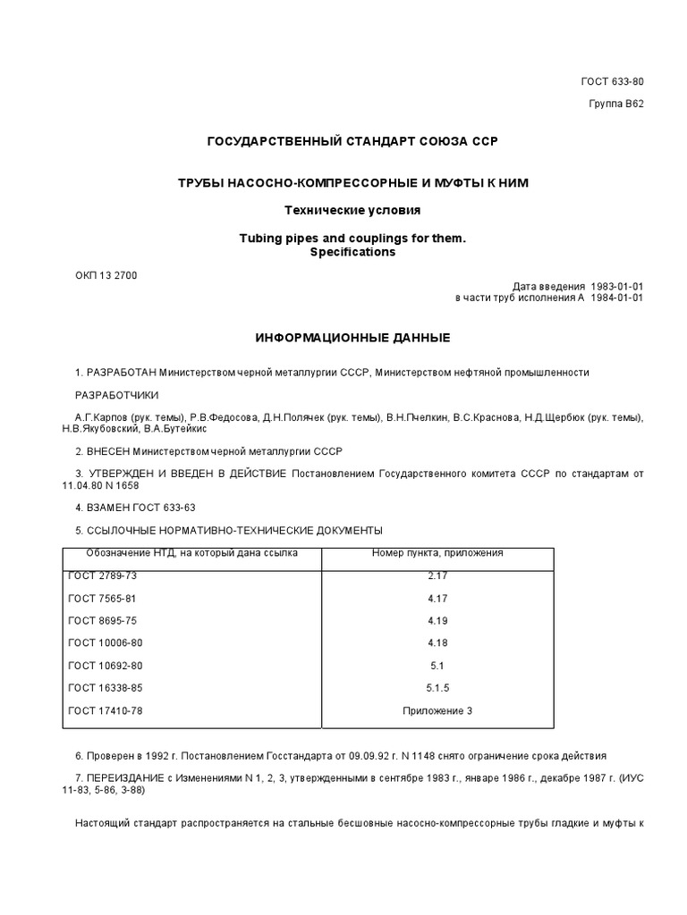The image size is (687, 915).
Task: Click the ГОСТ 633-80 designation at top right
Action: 612,82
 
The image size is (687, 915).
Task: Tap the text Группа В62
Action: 615,103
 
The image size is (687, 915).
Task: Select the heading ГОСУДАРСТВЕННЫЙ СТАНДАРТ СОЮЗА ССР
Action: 352,142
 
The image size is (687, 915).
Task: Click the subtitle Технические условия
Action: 352,210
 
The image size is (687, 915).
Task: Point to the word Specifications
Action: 352,253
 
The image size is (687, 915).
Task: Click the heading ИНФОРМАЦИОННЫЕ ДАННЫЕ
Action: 352,338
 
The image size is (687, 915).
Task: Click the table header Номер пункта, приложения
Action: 437,553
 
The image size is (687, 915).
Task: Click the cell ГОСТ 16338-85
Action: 106,688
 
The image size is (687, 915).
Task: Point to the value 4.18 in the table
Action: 437,643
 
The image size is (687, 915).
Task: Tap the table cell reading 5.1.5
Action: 437,688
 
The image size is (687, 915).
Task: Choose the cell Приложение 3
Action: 437,710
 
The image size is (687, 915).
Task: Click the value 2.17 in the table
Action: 437,576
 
